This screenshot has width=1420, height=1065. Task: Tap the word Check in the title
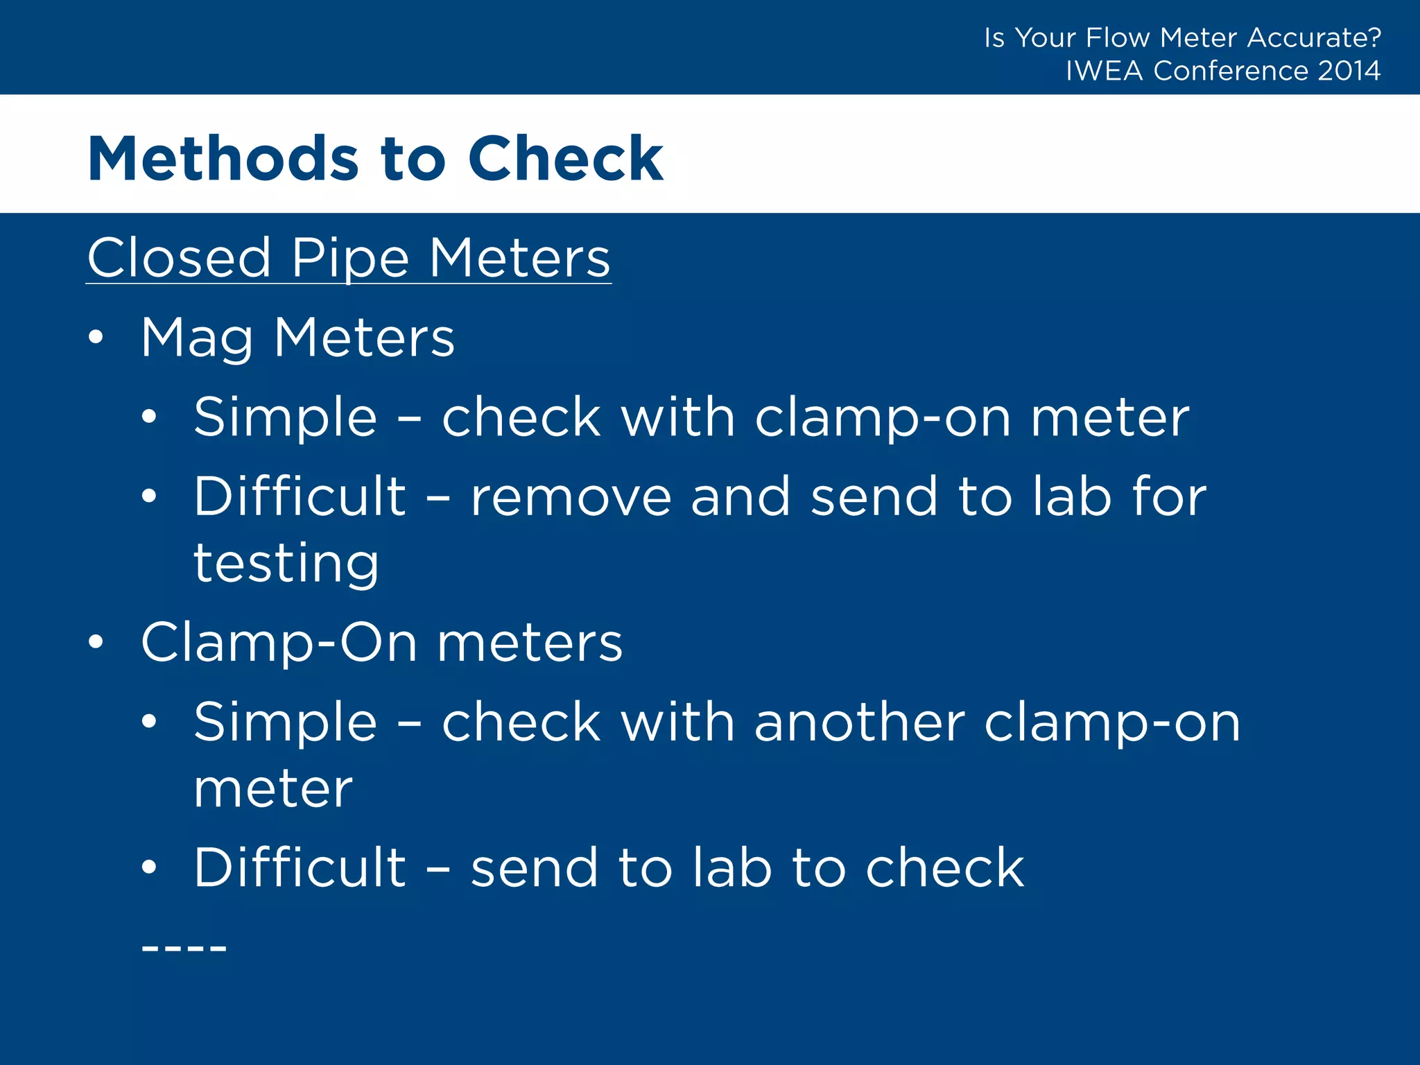pyautogui.click(x=566, y=159)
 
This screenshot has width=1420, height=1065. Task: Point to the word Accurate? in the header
pyautogui.click(x=1314, y=37)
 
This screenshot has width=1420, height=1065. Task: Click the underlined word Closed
pyautogui.click(x=179, y=258)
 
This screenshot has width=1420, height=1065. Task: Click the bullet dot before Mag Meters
pyautogui.click(x=96, y=338)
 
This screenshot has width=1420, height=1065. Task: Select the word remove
pyautogui.click(x=571, y=496)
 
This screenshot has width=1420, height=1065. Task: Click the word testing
pyautogui.click(x=286, y=563)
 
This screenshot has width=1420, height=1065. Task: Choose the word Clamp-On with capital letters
pyautogui.click(x=279, y=643)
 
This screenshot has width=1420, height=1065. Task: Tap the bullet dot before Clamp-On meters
pyautogui.click(x=96, y=643)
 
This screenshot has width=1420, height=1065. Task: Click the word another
pyautogui.click(x=859, y=722)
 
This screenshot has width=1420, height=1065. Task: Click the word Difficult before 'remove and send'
pyautogui.click(x=300, y=496)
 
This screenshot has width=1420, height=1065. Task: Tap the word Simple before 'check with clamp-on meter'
pyautogui.click(x=285, y=418)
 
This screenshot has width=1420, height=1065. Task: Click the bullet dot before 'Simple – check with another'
pyautogui.click(x=149, y=722)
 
